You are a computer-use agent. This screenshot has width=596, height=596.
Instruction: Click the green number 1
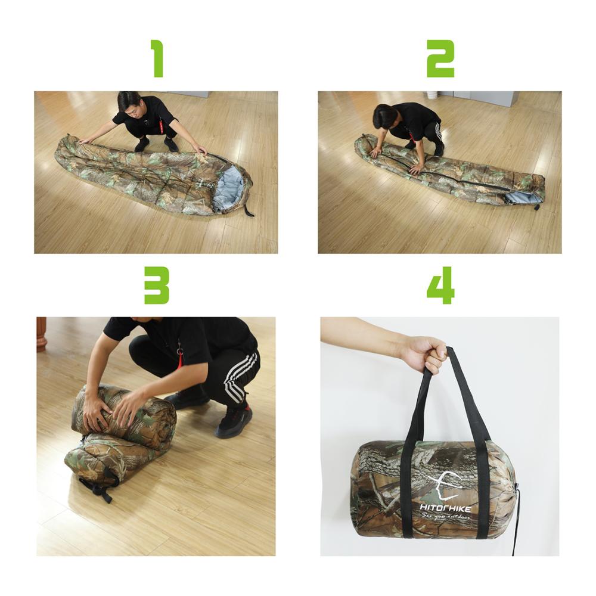(x=157, y=58)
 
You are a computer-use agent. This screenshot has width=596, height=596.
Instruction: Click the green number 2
(x=440, y=58)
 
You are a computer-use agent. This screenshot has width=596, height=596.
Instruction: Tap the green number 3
(x=157, y=285)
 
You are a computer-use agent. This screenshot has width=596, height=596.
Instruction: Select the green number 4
(x=440, y=285)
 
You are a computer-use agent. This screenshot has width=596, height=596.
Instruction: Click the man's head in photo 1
(x=129, y=102)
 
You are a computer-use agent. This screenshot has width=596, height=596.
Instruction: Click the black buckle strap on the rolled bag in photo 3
(x=98, y=489)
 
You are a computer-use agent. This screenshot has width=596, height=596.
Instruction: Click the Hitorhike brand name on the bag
(x=444, y=508)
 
